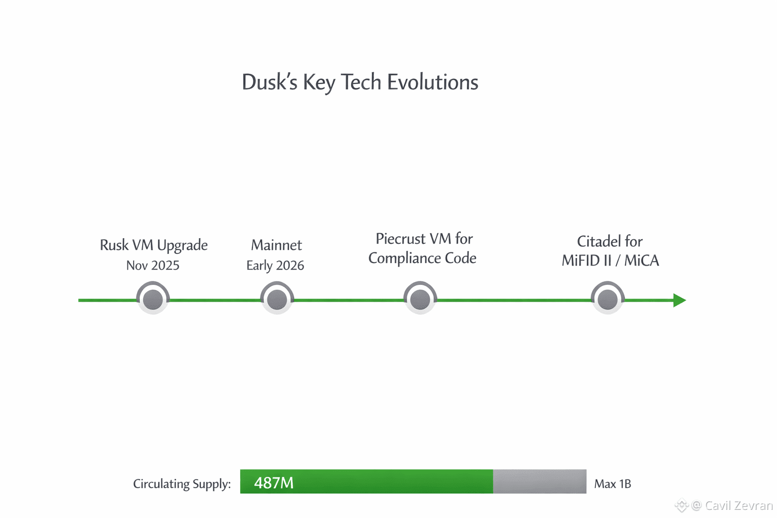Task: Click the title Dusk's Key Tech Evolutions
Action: (x=360, y=82)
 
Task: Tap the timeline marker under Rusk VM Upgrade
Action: (x=153, y=299)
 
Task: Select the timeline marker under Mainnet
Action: (x=277, y=299)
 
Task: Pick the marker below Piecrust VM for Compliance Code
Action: (x=420, y=299)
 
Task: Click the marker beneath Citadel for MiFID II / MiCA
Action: (x=608, y=299)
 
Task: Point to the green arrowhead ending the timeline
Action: (x=679, y=300)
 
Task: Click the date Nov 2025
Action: (x=153, y=266)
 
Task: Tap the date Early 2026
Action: (x=275, y=266)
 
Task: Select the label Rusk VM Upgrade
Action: (x=154, y=245)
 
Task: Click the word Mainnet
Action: (x=276, y=245)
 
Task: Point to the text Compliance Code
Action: (x=422, y=258)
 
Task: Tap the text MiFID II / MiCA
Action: (x=611, y=261)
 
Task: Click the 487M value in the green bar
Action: (x=274, y=483)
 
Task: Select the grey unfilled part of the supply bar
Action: (x=539, y=482)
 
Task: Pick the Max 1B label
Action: (x=613, y=484)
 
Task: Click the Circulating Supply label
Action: (x=182, y=484)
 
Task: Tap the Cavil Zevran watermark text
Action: (x=738, y=505)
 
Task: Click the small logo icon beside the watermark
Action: (x=681, y=505)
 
